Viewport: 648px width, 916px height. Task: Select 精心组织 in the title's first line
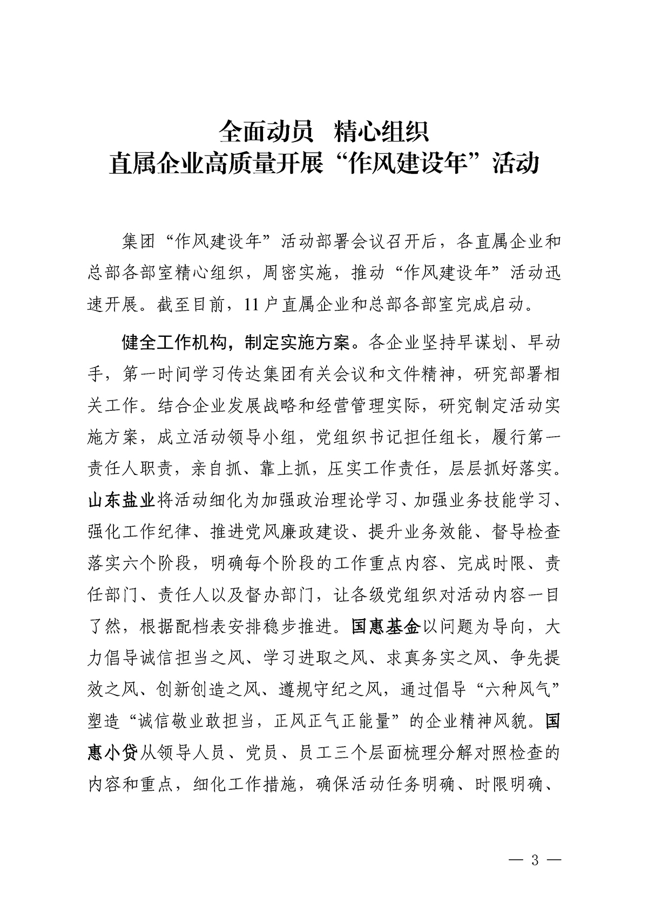click(381, 132)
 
